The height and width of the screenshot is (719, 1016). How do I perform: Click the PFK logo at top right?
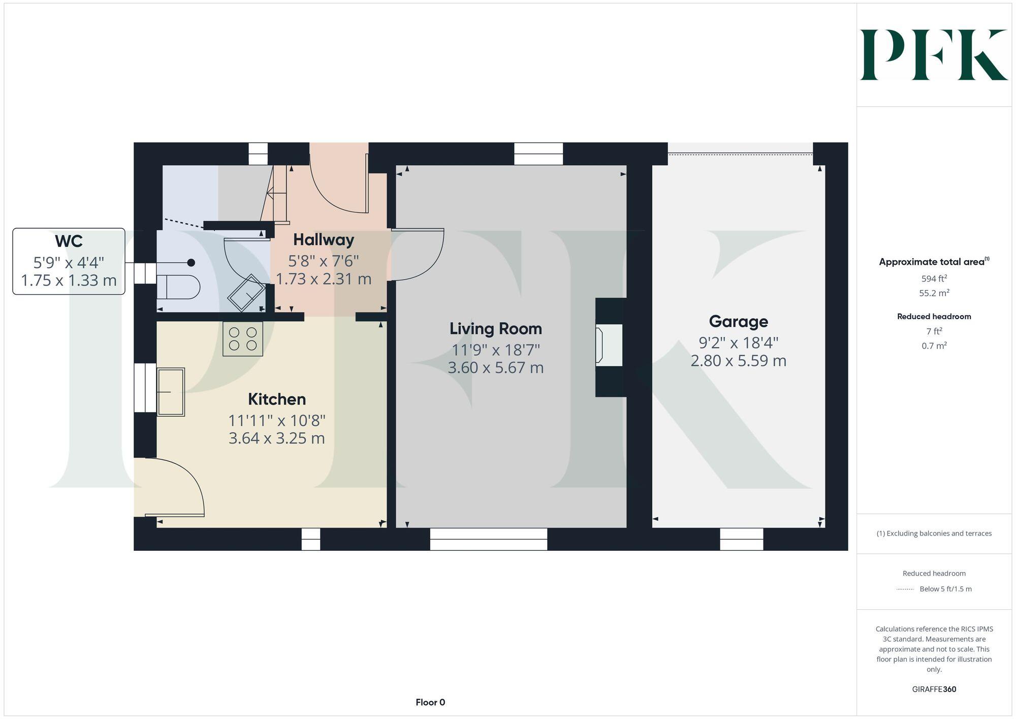(934, 55)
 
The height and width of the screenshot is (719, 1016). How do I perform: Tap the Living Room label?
(495, 329)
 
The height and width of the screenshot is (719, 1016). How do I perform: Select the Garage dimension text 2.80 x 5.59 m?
(738, 361)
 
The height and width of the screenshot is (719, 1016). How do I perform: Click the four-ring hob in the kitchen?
(243, 339)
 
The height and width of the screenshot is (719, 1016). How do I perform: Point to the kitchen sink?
(171, 392)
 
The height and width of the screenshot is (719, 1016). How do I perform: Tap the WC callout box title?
(69, 241)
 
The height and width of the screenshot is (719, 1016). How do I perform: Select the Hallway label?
(324, 239)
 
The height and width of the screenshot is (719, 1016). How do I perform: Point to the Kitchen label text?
(277, 399)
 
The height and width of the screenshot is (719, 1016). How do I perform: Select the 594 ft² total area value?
(934, 278)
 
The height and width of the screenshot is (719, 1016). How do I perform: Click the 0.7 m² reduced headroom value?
(934, 346)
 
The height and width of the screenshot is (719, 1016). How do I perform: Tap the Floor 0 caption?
(430, 703)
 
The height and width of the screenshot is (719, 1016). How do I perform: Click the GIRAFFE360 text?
(934, 690)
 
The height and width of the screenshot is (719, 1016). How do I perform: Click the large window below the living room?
(488, 539)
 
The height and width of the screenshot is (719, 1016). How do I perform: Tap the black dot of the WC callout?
(191, 263)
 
